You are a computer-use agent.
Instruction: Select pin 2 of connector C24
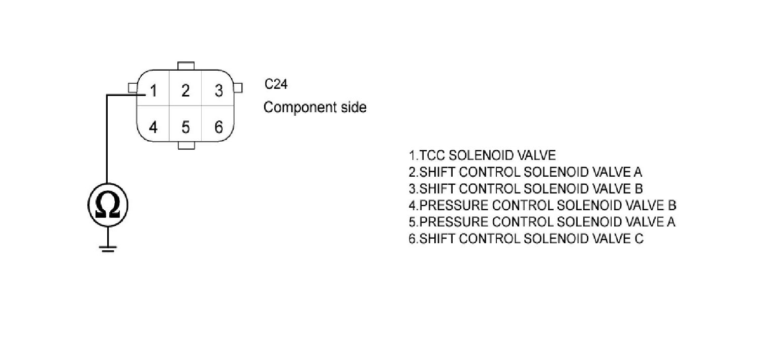[x=186, y=91]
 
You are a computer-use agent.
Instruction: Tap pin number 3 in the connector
[x=218, y=91]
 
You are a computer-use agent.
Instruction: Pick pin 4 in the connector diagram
[x=153, y=126]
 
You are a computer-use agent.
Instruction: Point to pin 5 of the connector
[x=186, y=126]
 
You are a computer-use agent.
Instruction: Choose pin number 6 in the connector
[x=218, y=126]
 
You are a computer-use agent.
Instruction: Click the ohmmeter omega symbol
[x=108, y=205]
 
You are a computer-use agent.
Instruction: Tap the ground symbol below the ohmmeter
[x=108, y=248]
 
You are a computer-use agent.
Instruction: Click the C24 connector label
[x=276, y=84]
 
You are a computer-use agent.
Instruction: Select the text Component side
[x=314, y=108]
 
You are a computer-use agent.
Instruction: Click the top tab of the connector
[x=186, y=66]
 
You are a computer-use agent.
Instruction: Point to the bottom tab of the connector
[x=186, y=146]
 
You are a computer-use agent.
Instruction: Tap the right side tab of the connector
[x=238, y=88]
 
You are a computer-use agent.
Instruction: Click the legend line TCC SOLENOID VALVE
[x=482, y=155]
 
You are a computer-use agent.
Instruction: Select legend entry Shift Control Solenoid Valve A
[x=525, y=172]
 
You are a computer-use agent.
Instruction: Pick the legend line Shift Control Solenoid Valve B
[x=525, y=189]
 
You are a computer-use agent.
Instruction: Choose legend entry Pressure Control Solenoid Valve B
[x=542, y=206]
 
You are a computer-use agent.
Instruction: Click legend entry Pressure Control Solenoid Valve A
[x=542, y=222]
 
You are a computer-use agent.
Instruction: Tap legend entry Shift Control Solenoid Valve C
[x=525, y=239]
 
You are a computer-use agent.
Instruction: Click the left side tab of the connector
[x=133, y=88]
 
